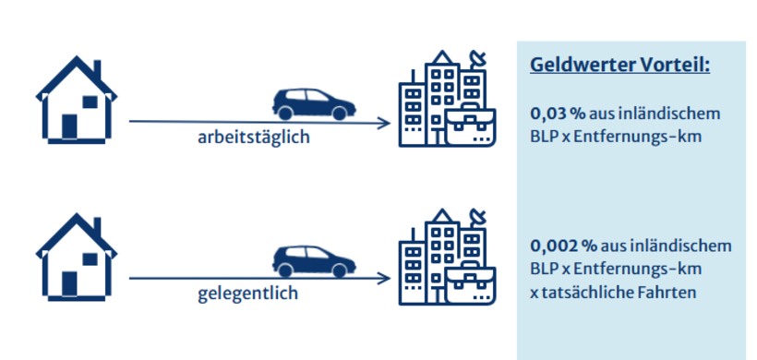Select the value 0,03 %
click(558, 114)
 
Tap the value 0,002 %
click(562, 246)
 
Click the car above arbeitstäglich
click(314, 102)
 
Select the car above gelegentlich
click(314, 259)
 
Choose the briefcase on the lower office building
click(470, 282)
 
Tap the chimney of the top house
click(97, 69)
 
